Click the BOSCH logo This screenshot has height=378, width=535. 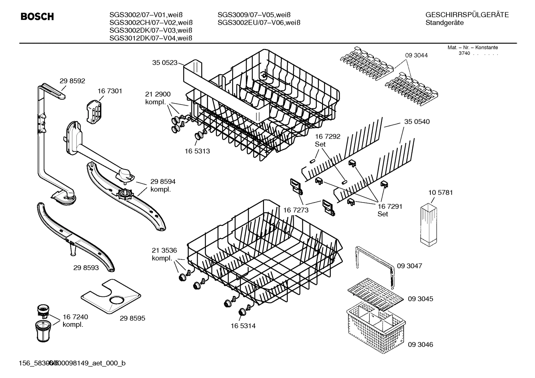click(x=37, y=17)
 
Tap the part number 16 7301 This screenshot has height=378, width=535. click(x=110, y=91)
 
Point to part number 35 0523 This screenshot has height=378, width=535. click(x=165, y=63)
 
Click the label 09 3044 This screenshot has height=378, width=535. click(x=416, y=55)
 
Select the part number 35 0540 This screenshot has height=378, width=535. click(x=417, y=122)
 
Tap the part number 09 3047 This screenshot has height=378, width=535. click(x=409, y=266)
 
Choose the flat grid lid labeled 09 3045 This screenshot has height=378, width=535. click(x=375, y=294)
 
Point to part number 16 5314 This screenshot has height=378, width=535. click(x=243, y=326)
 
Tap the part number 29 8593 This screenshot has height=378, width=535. click(x=86, y=268)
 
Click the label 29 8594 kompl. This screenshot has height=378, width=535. click(x=163, y=185)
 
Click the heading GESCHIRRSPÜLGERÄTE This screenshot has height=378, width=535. click(x=467, y=15)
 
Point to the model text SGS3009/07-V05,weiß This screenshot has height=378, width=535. click(x=254, y=15)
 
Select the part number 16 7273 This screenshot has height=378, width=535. click(x=296, y=210)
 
